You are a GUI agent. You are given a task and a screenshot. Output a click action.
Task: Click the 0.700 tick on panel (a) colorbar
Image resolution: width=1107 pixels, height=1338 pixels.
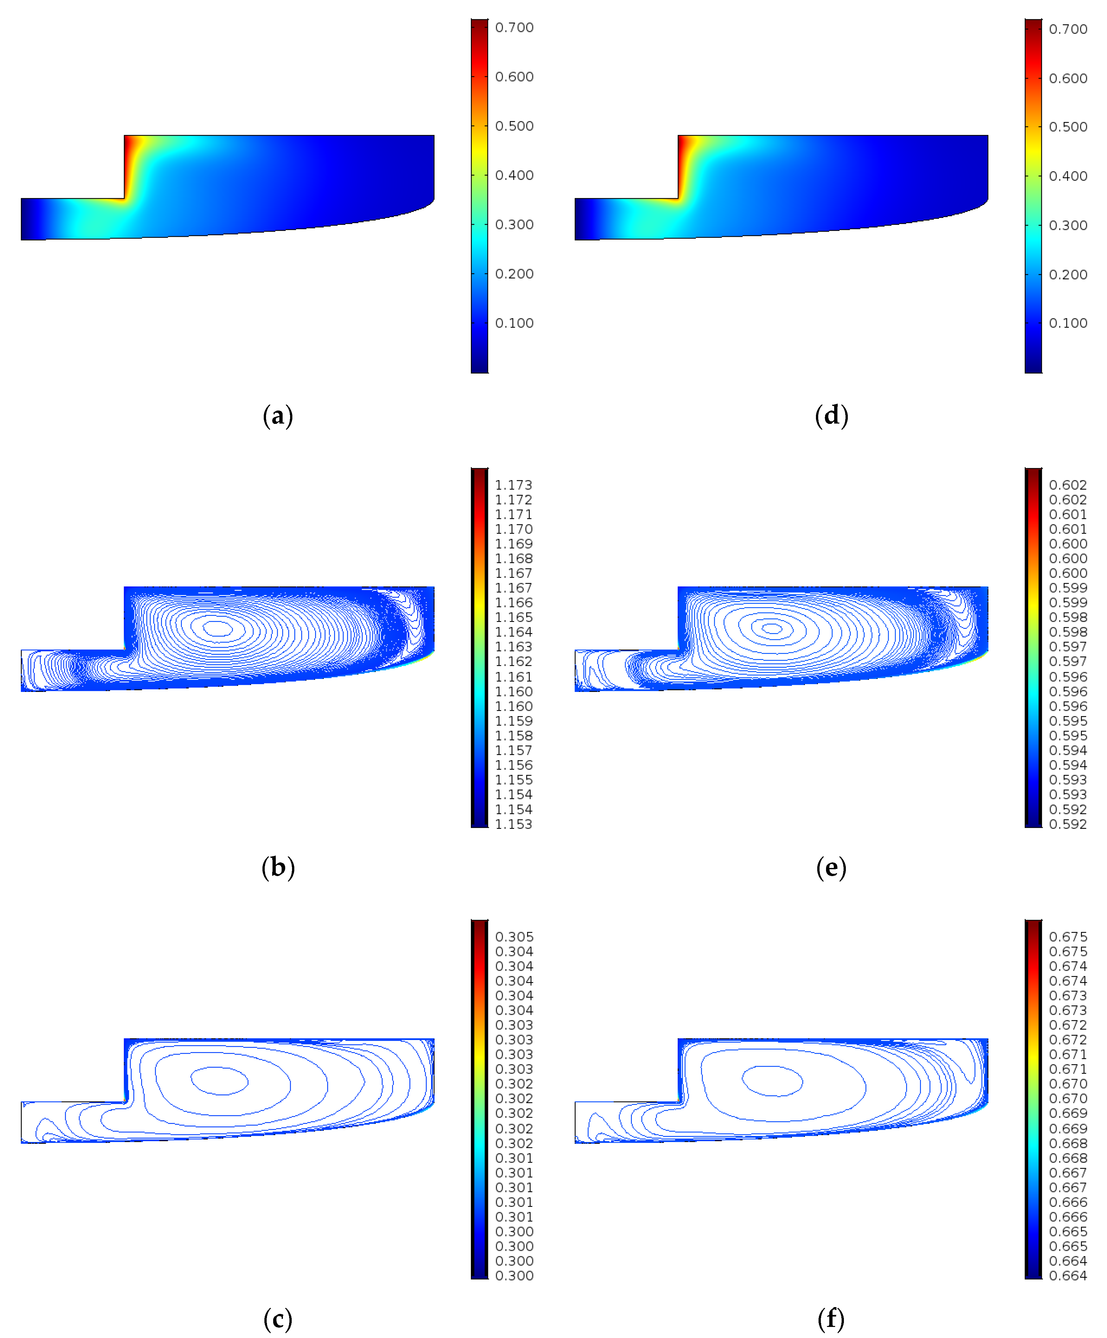point(514,27)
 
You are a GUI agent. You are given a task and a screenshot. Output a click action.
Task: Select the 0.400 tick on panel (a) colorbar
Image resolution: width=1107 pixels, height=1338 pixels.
point(514,175)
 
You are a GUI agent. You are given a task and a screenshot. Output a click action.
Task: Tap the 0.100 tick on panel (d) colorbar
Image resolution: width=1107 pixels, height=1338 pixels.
point(1068,323)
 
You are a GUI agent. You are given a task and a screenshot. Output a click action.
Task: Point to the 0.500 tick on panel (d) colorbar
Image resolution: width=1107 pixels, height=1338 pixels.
point(1068,127)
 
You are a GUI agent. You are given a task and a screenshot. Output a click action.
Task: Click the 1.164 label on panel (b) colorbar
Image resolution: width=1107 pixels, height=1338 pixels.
point(513,632)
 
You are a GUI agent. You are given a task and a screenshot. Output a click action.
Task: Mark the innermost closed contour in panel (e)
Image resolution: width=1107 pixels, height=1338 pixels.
point(772,628)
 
